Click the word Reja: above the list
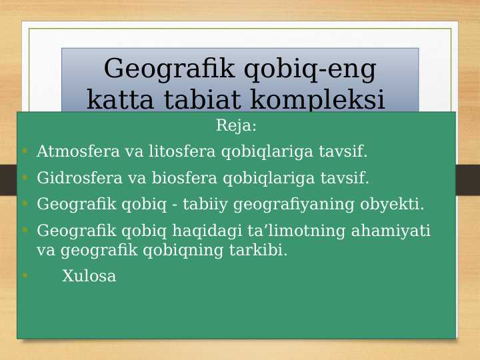(236, 125)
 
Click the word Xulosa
(89, 276)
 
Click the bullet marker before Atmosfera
(25, 151)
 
